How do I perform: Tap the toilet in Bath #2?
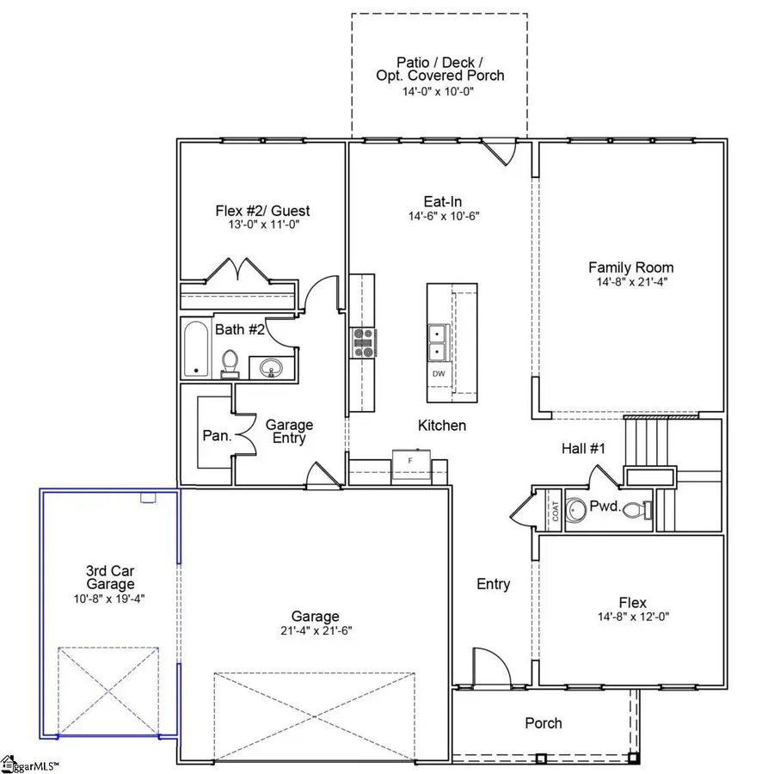(x=230, y=363)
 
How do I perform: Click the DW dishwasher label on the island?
(x=439, y=374)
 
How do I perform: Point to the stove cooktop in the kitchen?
(x=362, y=341)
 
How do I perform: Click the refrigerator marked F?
(x=411, y=462)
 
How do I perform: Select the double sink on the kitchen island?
(x=439, y=341)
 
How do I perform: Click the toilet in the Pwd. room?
(x=636, y=509)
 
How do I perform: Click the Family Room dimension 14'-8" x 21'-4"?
(x=630, y=282)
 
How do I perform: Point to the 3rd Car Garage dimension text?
(x=109, y=599)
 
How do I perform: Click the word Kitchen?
(x=442, y=426)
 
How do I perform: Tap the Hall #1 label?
(x=584, y=448)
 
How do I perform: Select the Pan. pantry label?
(x=216, y=435)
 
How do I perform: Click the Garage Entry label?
(x=289, y=431)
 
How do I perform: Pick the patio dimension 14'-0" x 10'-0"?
(x=439, y=92)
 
